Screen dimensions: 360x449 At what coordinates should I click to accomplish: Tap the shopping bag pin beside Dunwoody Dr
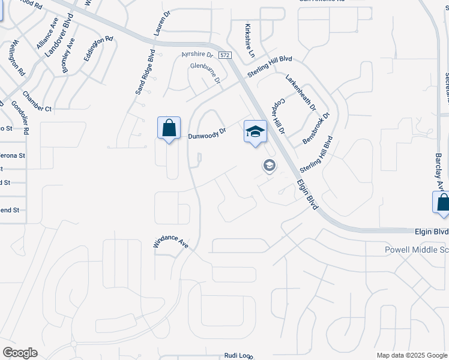click(x=169, y=128)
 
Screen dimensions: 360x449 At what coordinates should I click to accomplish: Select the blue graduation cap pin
click(x=255, y=131)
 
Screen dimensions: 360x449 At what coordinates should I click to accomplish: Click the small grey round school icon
click(x=270, y=165)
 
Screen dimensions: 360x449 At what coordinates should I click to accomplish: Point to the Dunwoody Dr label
click(x=206, y=133)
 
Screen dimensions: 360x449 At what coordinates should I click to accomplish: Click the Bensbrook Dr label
click(x=316, y=127)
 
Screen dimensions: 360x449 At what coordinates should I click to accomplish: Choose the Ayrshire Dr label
click(x=197, y=55)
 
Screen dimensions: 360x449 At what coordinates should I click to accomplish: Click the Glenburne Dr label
click(x=205, y=72)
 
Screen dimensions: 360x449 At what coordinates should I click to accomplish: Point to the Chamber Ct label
click(x=37, y=101)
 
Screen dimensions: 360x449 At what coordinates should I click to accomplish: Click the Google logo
click(x=20, y=353)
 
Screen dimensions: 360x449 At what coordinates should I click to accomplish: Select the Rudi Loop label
click(x=238, y=356)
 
